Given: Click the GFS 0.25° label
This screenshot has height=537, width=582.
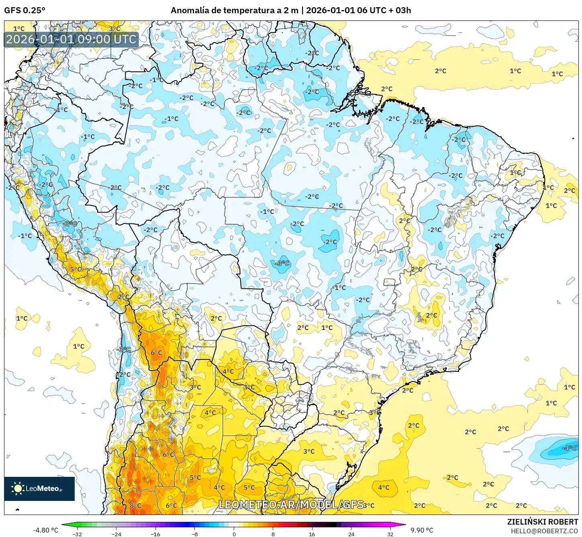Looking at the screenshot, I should (25, 10).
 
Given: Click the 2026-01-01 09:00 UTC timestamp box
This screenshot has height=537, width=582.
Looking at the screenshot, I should (71, 39).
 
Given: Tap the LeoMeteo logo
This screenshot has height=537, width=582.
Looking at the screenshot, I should (39, 488).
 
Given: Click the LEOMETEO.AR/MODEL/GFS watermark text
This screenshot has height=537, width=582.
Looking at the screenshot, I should (291, 505).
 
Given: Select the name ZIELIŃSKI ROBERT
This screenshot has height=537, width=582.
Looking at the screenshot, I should (542, 522).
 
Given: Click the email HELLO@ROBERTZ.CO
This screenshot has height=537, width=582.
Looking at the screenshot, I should (544, 531).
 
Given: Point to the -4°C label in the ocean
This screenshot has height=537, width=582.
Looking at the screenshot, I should (569, 448).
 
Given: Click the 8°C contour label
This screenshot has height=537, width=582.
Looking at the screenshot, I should (135, 506).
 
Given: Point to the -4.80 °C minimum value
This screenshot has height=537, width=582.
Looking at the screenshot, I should (45, 530).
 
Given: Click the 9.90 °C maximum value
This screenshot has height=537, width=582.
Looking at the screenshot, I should (422, 530).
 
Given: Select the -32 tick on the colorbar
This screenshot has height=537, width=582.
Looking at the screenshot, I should (77, 534).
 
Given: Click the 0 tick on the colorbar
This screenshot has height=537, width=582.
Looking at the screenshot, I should (234, 534).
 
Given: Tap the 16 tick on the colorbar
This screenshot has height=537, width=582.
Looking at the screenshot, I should (312, 534).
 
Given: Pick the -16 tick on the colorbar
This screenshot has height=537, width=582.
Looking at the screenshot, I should (155, 534).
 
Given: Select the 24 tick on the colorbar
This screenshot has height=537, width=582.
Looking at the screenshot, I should (351, 534).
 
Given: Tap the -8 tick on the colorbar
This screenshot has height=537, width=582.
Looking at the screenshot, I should (195, 534).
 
